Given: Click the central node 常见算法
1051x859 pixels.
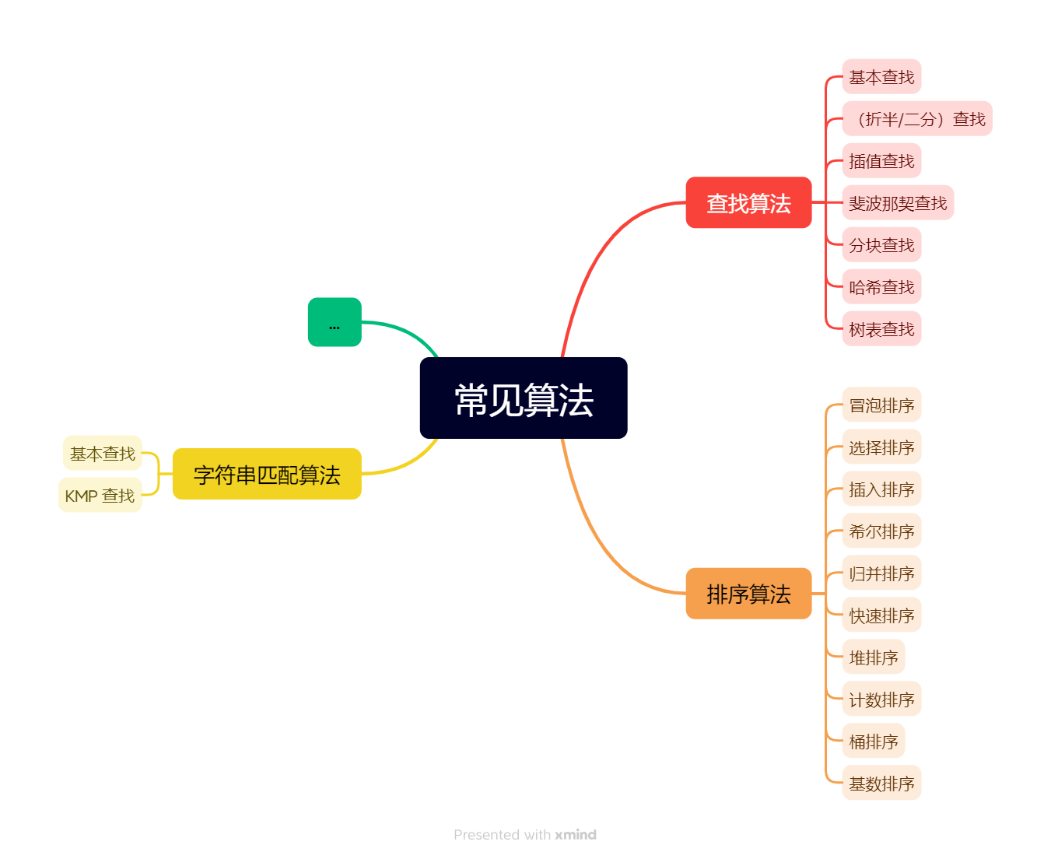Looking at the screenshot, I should coord(524,398).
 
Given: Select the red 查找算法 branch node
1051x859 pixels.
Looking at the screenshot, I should coord(748,203).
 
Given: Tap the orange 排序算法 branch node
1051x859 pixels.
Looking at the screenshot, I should coord(748,594).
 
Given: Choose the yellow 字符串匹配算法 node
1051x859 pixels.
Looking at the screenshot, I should coord(267,474).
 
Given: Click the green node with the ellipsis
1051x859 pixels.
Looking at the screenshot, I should coord(335,322).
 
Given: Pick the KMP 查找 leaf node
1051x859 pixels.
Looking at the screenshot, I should coord(100,496).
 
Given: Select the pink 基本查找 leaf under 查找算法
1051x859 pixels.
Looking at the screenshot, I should coord(881,77).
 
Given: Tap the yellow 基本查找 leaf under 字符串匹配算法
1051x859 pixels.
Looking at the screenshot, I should coord(103,454).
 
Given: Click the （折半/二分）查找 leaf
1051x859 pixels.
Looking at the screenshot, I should coord(917,119).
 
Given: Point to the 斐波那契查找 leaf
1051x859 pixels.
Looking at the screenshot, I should coord(898,203).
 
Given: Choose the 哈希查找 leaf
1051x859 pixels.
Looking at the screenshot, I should coord(881,287).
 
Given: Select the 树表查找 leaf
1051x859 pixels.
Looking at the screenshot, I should coord(881,329).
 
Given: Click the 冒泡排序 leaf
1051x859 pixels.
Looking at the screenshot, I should coord(881,405).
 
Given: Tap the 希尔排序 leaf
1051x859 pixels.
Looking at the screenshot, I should coord(881,531).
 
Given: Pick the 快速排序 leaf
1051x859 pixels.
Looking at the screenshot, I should coord(881,615).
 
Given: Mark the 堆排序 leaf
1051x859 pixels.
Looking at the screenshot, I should coord(874,657).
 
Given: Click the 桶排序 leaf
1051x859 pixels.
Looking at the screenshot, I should coord(874,742).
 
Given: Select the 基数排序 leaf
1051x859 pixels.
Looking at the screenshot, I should coord(881,784).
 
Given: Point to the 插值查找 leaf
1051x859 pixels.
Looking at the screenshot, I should coord(881,161).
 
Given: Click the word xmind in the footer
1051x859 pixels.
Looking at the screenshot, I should coord(576,835).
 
